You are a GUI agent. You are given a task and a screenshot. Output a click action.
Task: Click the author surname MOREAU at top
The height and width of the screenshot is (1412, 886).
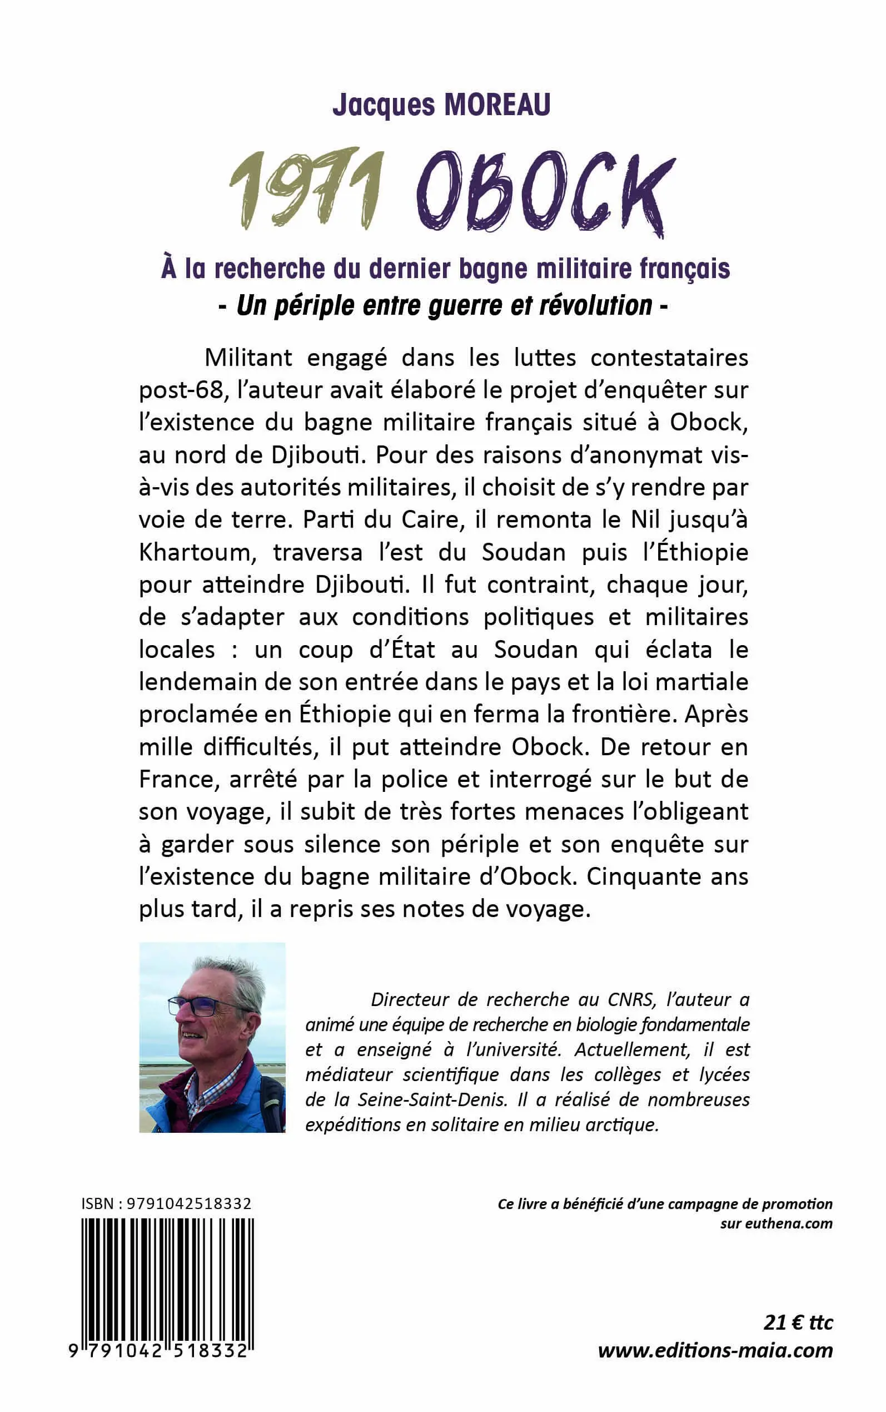497,106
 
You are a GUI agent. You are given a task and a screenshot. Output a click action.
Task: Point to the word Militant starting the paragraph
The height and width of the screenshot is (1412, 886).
248,358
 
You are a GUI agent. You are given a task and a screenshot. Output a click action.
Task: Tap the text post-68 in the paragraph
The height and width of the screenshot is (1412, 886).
182,390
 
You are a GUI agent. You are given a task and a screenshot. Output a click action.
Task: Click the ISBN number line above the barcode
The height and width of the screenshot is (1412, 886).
166,1204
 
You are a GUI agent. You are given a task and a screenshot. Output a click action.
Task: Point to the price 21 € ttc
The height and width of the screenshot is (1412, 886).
798,1323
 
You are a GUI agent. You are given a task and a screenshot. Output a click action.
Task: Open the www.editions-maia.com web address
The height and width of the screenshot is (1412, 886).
715,1351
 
